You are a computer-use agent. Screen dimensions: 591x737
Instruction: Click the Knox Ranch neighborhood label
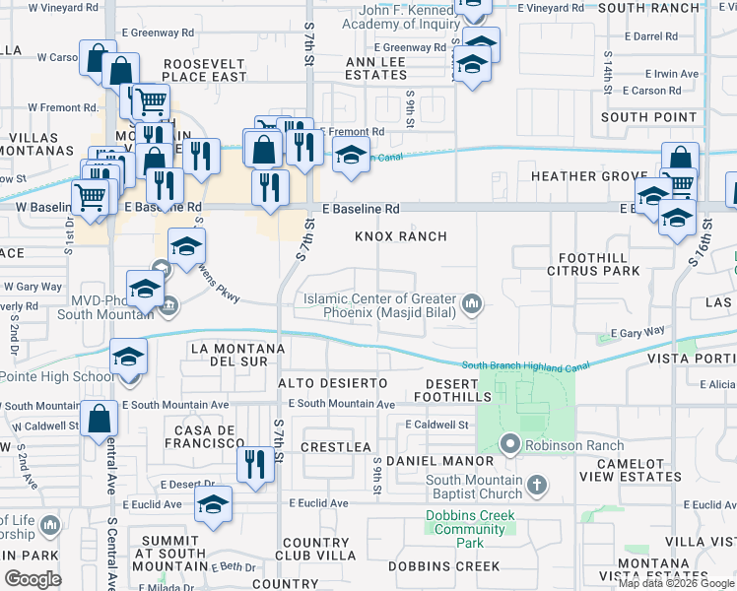tap(401, 236)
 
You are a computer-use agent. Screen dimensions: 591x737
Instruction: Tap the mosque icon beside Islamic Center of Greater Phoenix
tap(473, 304)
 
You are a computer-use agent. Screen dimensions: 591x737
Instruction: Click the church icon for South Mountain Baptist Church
tap(536, 485)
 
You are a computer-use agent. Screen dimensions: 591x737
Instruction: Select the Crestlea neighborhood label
tap(336, 446)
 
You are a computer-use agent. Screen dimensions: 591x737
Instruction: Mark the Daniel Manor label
tap(439, 461)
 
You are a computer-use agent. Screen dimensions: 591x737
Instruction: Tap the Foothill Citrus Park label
tap(586, 263)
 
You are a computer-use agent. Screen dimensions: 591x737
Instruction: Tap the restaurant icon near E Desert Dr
tap(255, 464)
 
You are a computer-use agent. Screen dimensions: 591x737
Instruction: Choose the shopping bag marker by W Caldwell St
tap(101, 419)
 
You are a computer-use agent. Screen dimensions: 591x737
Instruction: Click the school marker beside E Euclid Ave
tap(214, 504)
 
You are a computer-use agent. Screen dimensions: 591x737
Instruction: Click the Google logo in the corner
tap(33, 578)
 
